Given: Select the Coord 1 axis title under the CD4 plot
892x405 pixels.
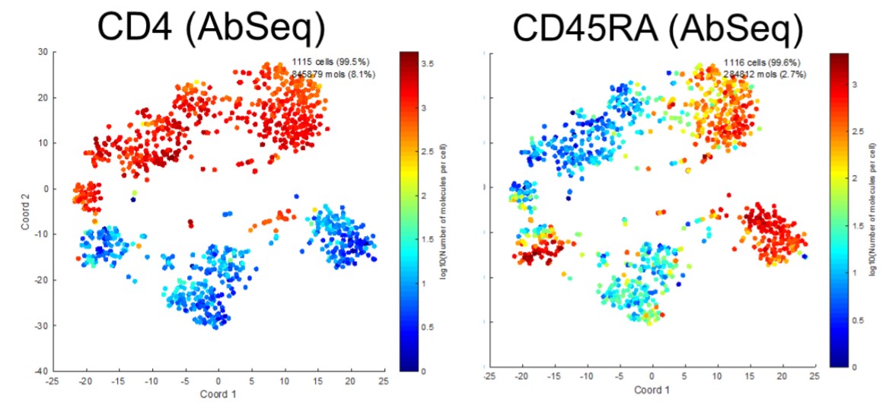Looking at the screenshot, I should coord(218,395).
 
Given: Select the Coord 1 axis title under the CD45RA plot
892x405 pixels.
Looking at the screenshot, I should coord(651,391).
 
